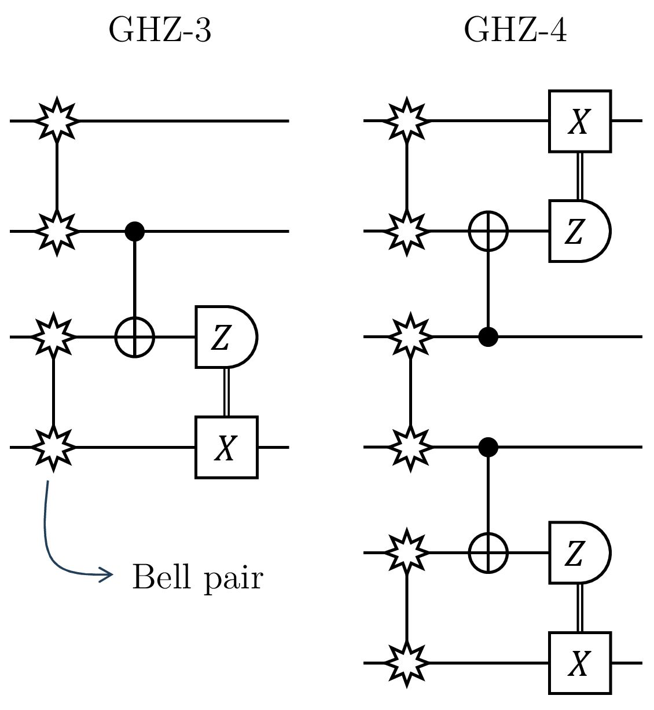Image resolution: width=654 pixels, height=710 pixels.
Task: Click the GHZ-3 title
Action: click(x=160, y=30)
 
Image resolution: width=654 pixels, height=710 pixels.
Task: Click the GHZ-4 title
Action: click(x=515, y=30)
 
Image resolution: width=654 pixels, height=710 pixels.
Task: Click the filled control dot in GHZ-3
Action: click(x=135, y=231)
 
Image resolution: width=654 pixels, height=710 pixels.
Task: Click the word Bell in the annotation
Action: click(x=161, y=577)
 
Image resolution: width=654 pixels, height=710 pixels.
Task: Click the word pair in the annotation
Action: click(x=233, y=580)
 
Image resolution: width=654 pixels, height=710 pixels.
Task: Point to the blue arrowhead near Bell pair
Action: click(x=107, y=574)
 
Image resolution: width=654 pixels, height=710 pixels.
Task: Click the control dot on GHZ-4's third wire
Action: click(x=488, y=337)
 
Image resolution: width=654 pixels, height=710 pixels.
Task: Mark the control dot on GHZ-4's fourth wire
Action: click(x=488, y=447)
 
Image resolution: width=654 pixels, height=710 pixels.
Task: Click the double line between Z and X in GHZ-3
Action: click(x=226, y=392)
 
